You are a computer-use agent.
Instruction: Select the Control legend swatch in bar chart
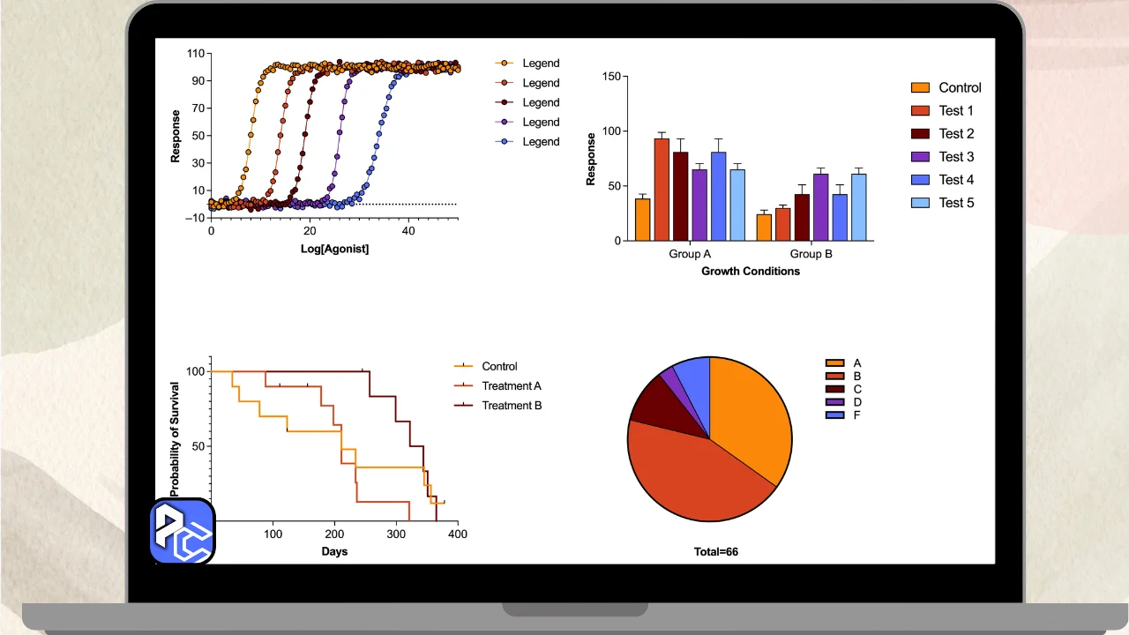[x=920, y=87]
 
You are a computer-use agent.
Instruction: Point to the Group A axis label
[x=690, y=254]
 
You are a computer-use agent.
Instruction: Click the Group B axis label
[x=811, y=254]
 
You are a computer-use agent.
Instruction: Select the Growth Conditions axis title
[x=751, y=272]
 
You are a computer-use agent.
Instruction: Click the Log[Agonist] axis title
[x=334, y=250]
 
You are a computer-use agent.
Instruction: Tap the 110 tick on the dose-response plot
[x=195, y=53]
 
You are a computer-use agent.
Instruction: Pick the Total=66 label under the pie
[x=715, y=552]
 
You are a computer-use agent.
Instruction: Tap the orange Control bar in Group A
[x=642, y=220]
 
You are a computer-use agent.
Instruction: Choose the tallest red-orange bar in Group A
[x=662, y=190]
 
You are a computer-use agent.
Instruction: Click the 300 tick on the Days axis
[x=396, y=534]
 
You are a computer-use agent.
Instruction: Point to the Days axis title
[x=334, y=552]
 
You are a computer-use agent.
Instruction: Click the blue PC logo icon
[x=182, y=531]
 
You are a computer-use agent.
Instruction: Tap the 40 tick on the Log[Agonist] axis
[x=408, y=230]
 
